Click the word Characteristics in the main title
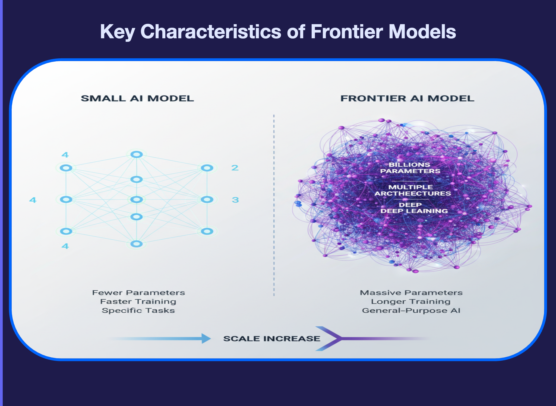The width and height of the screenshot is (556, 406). (x=211, y=31)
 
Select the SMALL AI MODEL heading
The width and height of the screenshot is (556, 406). (x=137, y=98)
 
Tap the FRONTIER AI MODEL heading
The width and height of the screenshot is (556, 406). (x=407, y=98)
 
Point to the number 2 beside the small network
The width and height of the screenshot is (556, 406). (x=235, y=168)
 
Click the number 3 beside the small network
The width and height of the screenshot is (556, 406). (x=235, y=200)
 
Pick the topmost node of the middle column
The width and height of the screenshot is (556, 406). (x=137, y=154)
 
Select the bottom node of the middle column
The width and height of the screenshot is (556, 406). (x=137, y=244)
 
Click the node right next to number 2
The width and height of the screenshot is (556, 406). (x=207, y=168)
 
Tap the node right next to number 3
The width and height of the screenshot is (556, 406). (x=207, y=200)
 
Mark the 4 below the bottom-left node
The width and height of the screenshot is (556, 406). (x=65, y=246)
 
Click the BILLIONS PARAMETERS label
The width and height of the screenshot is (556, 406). (x=410, y=168)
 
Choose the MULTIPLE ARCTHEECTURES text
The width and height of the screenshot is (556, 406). (x=413, y=190)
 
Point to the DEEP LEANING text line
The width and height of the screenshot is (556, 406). (x=414, y=211)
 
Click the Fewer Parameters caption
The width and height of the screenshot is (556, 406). (x=138, y=293)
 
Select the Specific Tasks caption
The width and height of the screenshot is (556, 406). (x=138, y=310)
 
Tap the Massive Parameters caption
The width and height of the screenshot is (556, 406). (x=411, y=293)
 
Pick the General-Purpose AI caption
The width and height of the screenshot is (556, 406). (x=411, y=310)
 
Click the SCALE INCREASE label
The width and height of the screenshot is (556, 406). (x=272, y=339)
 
